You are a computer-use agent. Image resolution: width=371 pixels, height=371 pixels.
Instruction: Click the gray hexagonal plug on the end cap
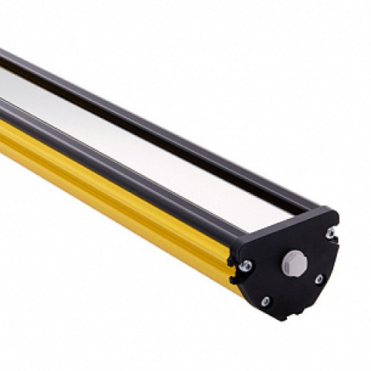tap(295, 261)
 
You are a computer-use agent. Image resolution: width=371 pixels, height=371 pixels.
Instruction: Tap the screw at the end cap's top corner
tap(329, 233)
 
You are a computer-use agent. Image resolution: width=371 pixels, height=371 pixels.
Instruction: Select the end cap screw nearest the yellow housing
tap(246, 265)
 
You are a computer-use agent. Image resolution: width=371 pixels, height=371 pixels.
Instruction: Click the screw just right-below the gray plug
tap(318, 279)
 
